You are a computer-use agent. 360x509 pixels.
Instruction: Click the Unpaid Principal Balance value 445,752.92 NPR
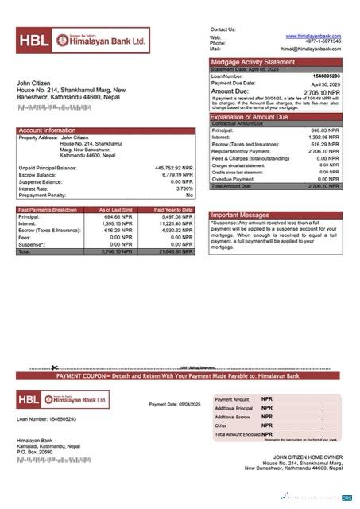[x=173, y=169]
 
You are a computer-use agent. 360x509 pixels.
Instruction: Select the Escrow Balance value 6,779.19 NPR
[x=176, y=175]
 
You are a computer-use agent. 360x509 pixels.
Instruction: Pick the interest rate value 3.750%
[x=184, y=188]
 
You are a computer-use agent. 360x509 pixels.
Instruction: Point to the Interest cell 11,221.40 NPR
[x=176, y=223]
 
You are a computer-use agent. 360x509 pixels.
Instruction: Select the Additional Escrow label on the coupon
[x=232, y=417]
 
